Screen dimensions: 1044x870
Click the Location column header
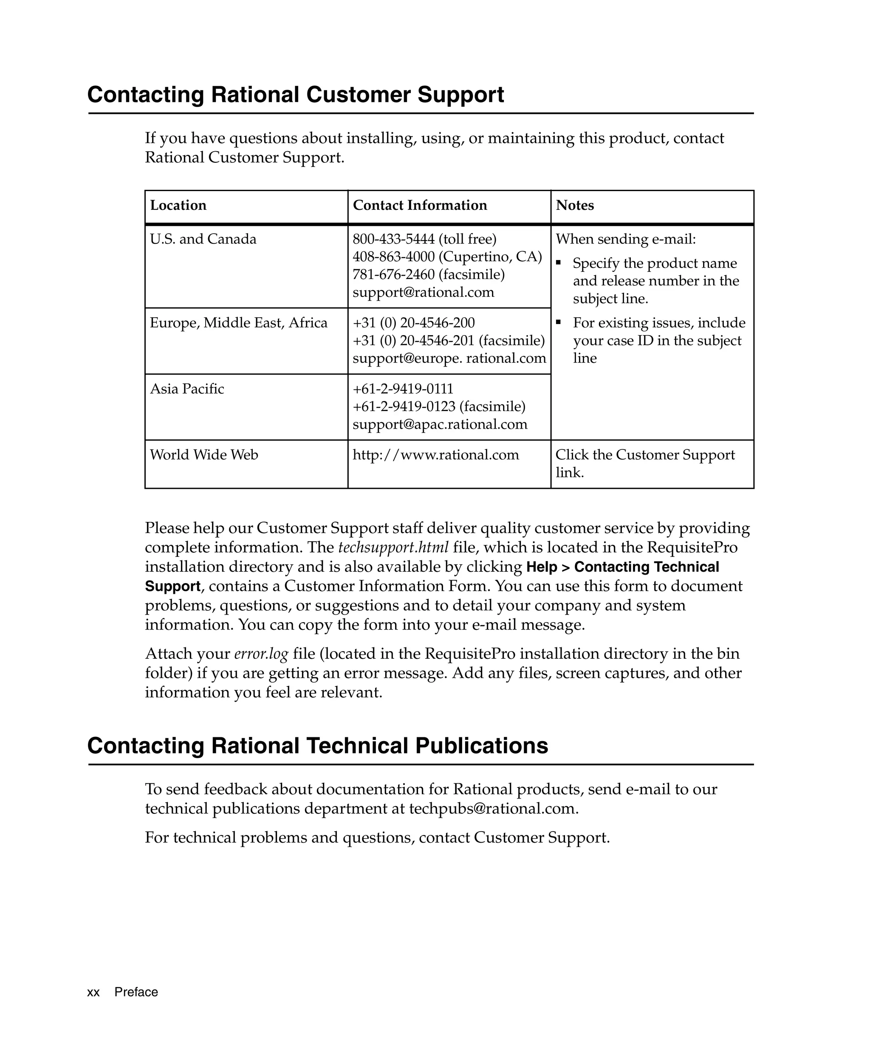pyautogui.click(x=178, y=205)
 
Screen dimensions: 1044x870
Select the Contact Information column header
pyautogui.click(x=420, y=205)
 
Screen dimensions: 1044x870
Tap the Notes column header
pyautogui.click(x=575, y=205)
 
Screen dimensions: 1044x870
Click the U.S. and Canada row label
pyautogui.click(x=203, y=239)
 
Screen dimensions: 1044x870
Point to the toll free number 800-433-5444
pyautogui.click(x=393, y=239)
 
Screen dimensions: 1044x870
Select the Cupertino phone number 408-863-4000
pyautogui.click(x=393, y=257)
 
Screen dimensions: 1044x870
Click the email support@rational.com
pyautogui.click(x=423, y=292)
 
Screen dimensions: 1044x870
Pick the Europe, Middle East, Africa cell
pyautogui.click(x=239, y=323)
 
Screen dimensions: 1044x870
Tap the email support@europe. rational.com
pyautogui.click(x=449, y=358)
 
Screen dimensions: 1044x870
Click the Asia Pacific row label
pyautogui.click(x=187, y=389)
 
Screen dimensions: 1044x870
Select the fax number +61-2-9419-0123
pyautogui.click(x=404, y=406)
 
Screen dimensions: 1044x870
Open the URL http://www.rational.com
pyautogui.click(x=435, y=455)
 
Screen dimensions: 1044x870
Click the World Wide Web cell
pyautogui.click(x=204, y=455)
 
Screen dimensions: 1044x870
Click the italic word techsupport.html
pyautogui.click(x=393, y=547)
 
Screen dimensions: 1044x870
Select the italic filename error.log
pyautogui.click(x=261, y=654)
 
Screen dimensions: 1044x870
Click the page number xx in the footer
pyautogui.click(x=93, y=992)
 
